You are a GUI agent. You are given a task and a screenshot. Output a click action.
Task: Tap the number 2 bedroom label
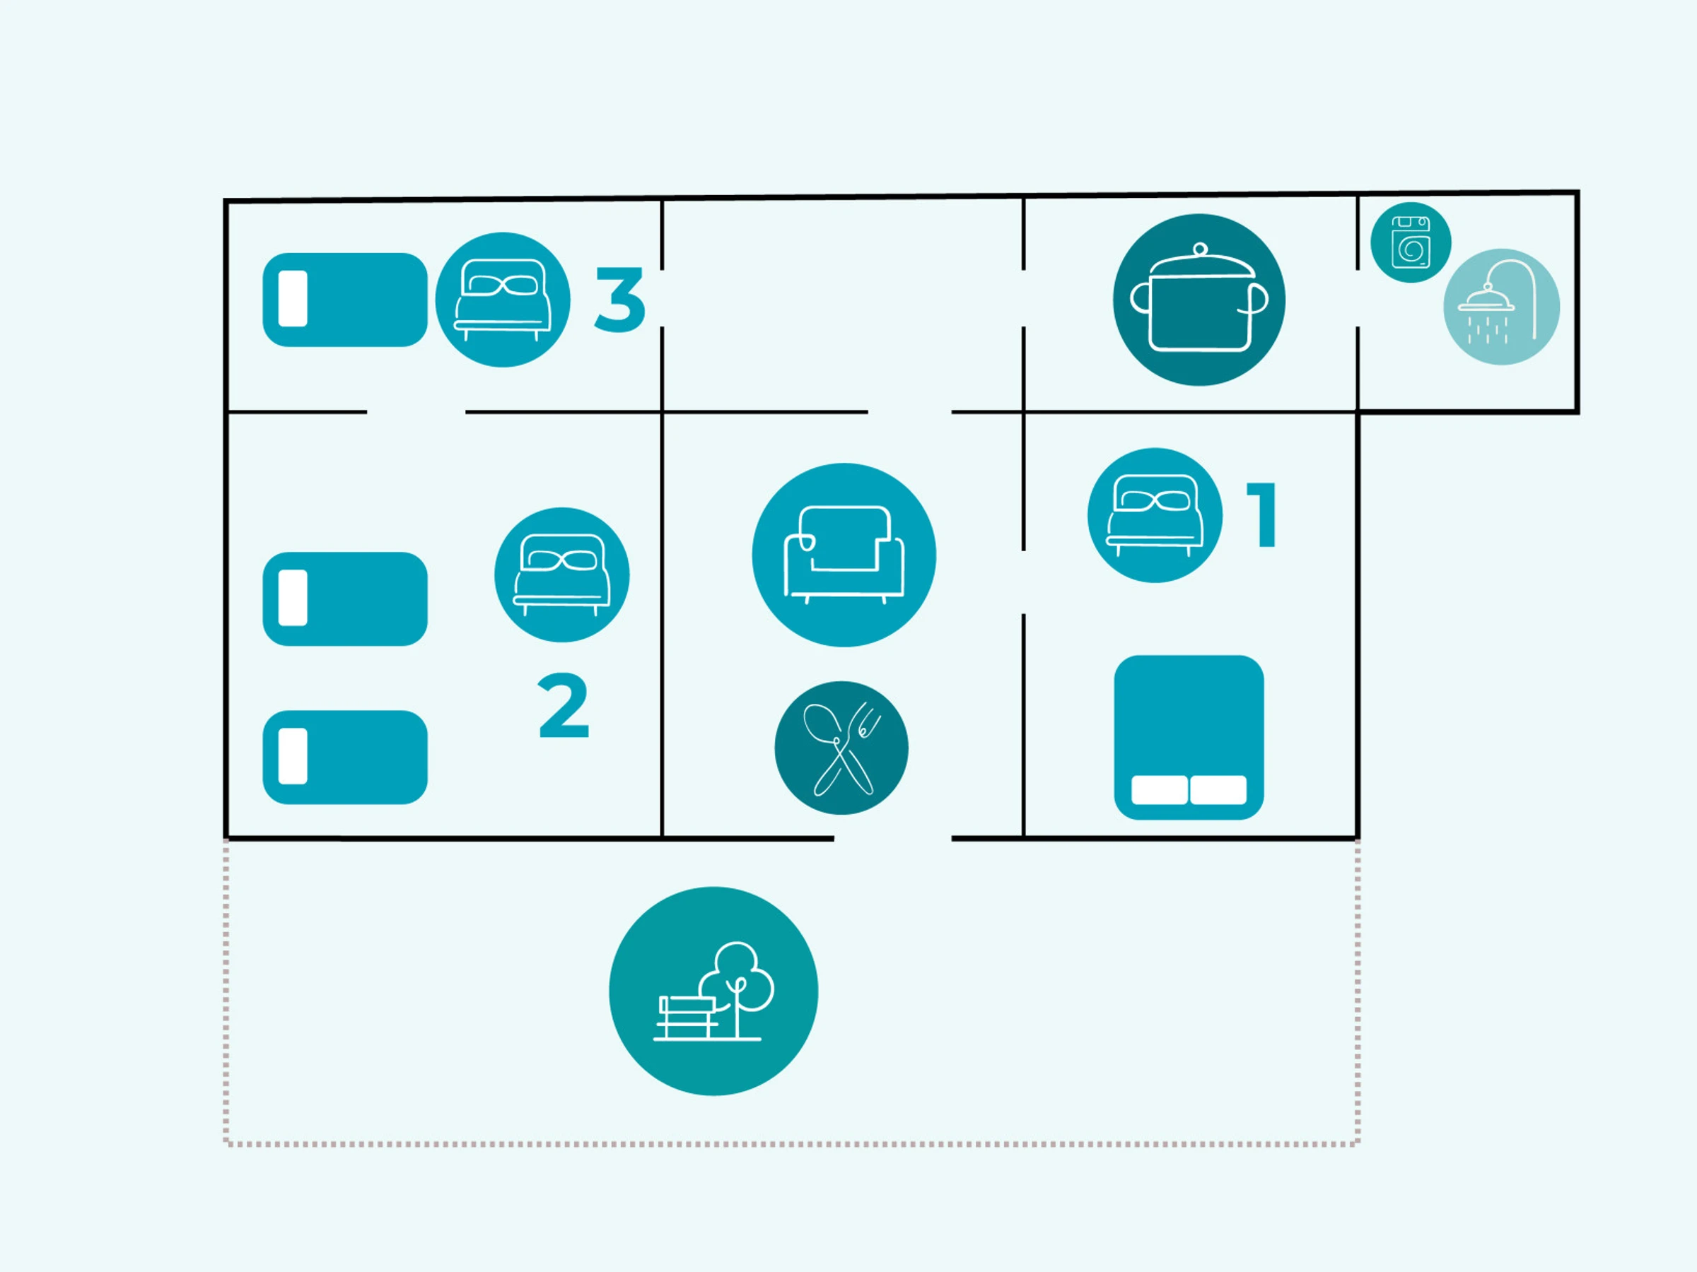(563, 705)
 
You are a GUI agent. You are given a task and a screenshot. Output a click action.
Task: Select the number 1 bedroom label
(1262, 514)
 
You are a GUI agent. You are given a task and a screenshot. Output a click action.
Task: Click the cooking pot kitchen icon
(1199, 300)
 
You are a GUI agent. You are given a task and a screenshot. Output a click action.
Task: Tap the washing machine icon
(1410, 242)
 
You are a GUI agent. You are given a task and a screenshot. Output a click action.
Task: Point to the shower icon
(1500, 307)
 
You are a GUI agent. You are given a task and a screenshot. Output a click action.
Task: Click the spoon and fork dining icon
(841, 748)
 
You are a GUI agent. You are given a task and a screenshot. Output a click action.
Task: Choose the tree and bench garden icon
(713, 991)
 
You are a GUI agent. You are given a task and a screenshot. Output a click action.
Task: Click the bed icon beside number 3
(503, 300)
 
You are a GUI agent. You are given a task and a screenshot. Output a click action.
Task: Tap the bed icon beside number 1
(1155, 515)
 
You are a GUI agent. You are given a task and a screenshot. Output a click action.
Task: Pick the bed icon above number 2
(561, 575)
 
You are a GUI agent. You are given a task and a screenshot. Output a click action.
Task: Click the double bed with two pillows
(1189, 737)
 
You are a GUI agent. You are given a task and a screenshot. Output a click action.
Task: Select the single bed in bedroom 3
(344, 300)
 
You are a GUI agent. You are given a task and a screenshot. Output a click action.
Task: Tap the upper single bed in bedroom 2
(344, 599)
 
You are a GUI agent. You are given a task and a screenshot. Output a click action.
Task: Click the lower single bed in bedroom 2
(344, 758)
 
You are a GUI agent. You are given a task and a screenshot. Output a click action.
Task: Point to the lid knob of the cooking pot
(1200, 249)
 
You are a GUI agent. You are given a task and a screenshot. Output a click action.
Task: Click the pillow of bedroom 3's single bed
(293, 299)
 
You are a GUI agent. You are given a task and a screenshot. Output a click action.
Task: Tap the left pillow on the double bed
(1158, 790)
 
